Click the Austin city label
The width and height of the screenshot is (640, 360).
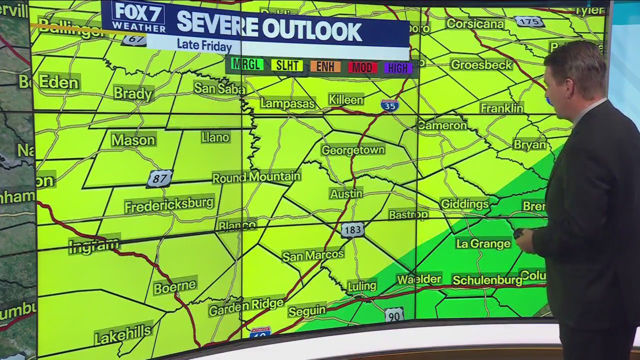tap(346, 193)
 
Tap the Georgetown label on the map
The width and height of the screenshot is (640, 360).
tap(353, 150)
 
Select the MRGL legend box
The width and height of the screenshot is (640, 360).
tap(247, 64)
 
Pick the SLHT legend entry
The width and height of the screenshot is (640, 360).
tap(287, 65)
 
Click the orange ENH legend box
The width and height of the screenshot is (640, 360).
tap(325, 66)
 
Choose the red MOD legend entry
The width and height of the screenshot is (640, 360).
tap(362, 67)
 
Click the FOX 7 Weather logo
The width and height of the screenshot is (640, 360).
tap(138, 16)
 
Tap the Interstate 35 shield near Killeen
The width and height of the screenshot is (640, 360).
tap(389, 105)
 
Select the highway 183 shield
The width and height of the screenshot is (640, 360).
tap(352, 230)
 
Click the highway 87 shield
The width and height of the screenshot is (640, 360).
tap(159, 178)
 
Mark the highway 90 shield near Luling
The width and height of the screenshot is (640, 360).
tap(394, 314)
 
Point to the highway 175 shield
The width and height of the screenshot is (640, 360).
tap(529, 21)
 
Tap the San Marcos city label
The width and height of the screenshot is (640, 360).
tap(313, 255)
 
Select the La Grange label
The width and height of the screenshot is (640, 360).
tap(483, 243)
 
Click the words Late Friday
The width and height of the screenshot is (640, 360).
tap(204, 45)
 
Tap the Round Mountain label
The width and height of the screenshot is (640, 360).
tap(256, 177)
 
